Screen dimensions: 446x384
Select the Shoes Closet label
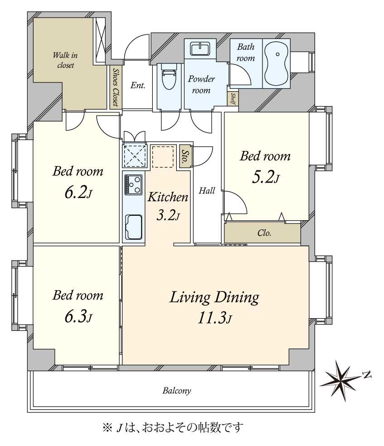116,87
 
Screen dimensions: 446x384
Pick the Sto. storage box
185,157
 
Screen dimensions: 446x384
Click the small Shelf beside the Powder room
233,98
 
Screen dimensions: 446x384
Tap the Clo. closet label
264,233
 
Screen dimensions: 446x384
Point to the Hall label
207,191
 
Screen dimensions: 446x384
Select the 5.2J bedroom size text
265,177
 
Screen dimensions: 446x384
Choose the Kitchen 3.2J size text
168,215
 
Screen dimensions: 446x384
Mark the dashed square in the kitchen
163,156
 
